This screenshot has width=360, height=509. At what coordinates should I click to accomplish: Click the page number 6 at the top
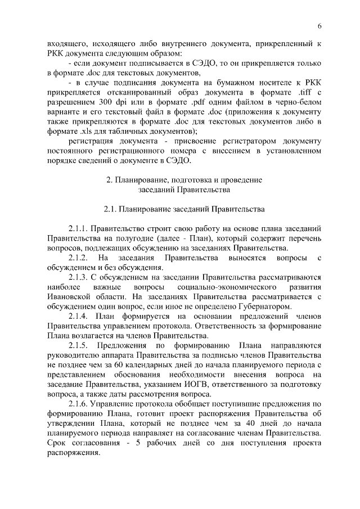coord(319,26)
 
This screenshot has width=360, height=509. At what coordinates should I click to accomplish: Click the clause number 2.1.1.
coord(79,229)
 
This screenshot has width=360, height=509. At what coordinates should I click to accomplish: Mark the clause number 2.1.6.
coord(79,404)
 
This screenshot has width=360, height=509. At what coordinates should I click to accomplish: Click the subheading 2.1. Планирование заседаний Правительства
coord(184,209)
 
